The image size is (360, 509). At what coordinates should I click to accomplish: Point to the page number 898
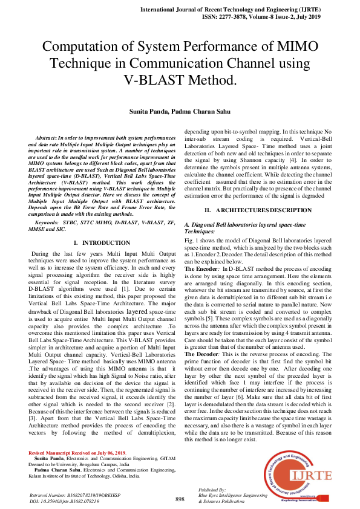[x=180, y=499]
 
